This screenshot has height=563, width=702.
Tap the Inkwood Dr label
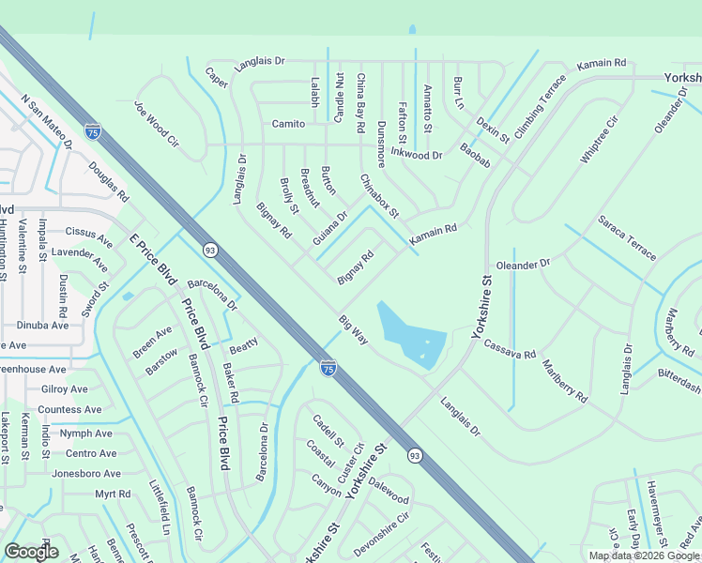pos(416,154)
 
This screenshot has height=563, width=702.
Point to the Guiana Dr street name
pos(330,227)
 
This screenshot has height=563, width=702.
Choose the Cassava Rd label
pos(510,348)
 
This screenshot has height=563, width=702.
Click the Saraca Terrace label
pos(628,237)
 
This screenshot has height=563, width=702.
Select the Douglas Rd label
pos(109,182)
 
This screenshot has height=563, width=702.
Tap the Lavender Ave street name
pos(81,253)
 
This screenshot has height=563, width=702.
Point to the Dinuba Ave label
pos(43,325)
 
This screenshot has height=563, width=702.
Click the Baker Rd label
pos(230,385)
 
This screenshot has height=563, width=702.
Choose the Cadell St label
pos(328,431)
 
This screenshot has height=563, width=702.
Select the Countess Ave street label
pos(69,410)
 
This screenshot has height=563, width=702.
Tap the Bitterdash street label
pos(679,380)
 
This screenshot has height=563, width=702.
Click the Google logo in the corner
pos(31,552)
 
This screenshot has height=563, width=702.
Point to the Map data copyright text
pos(645,555)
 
